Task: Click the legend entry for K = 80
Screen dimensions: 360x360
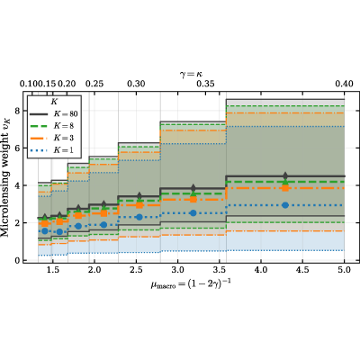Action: click(x=53, y=114)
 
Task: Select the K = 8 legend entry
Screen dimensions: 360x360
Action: click(x=51, y=126)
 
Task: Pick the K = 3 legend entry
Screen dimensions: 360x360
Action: click(x=51, y=138)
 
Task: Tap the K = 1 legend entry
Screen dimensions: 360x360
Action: click(x=51, y=150)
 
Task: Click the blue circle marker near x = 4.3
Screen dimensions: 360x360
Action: click(x=285, y=205)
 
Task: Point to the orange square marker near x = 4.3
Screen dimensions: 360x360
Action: click(x=285, y=188)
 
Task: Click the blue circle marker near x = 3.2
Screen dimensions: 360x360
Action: click(x=193, y=213)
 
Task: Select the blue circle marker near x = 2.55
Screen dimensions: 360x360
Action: click(x=139, y=217)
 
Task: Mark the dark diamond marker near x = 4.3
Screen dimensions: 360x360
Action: click(x=285, y=175)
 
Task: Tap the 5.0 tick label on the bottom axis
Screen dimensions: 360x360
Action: click(x=344, y=270)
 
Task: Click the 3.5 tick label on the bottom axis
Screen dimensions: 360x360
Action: click(x=220, y=270)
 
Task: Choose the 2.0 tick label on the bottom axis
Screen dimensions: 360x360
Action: click(x=94, y=270)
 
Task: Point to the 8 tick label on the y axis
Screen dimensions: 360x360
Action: click(x=17, y=111)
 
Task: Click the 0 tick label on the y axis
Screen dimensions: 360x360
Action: click(x=17, y=260)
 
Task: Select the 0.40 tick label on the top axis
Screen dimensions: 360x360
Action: click(x=344, y=84)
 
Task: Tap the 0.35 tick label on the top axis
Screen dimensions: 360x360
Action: click(x=205, y=84)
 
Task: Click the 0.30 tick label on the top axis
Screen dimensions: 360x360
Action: click(x=136, y=84)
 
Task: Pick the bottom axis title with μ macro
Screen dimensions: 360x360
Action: click(x=191, y=283)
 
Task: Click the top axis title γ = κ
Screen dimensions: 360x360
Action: click(x=191, y=74)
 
